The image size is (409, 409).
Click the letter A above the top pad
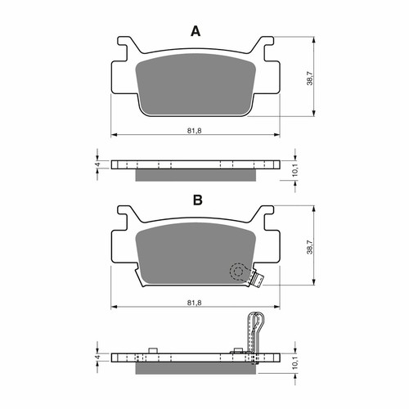coord(196,31)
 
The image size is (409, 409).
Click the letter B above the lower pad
coord(197,200)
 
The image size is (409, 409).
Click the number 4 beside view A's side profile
coord(97,165)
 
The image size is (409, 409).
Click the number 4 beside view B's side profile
coord(97,357)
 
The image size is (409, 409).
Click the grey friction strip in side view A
coord(196,174)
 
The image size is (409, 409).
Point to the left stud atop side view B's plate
coord(154,353)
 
